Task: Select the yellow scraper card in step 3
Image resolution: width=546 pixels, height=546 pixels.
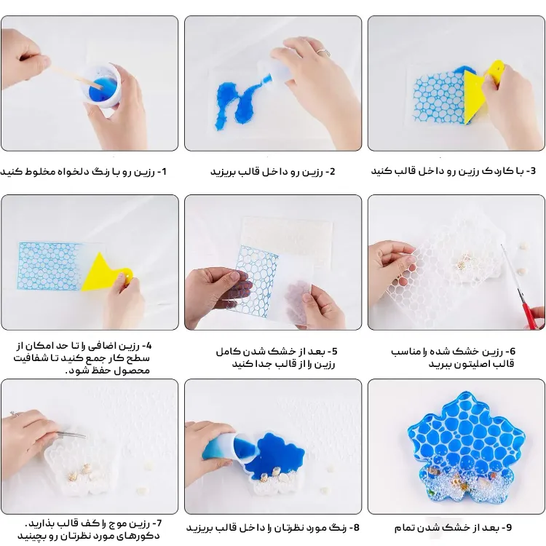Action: point(483,90)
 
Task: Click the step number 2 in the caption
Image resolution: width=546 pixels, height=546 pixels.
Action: point(331,172)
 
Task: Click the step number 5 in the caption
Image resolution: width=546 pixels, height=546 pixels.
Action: point(331,352)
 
